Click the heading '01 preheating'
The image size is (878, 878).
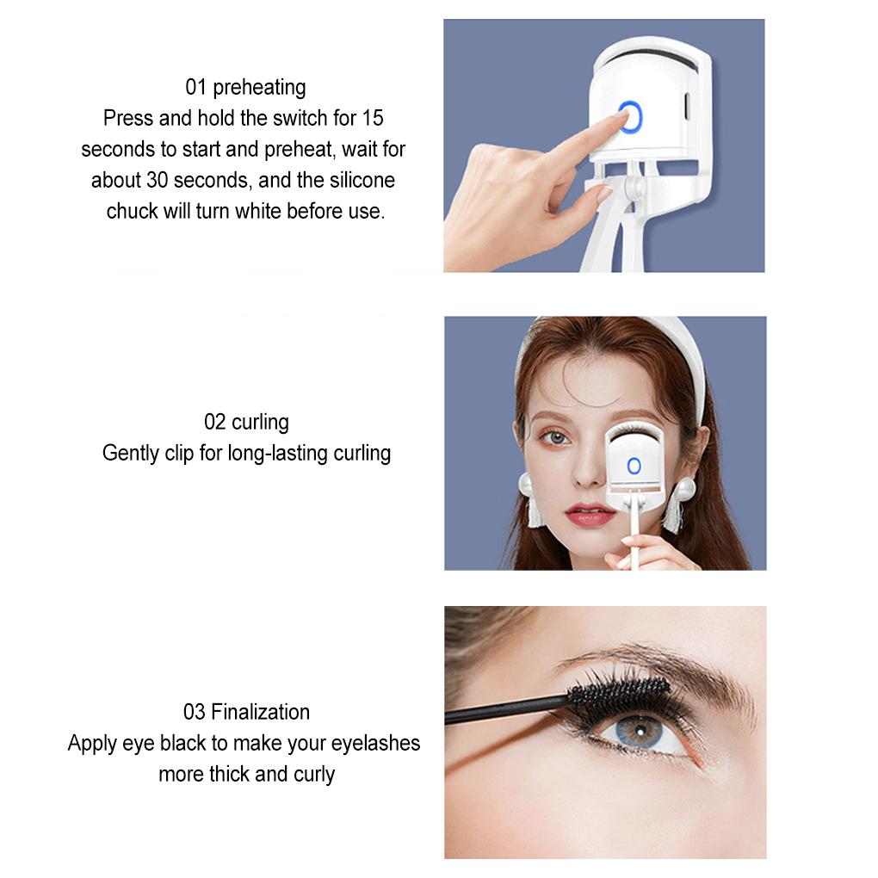245,87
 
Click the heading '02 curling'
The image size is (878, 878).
246,422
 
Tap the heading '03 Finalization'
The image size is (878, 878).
246,712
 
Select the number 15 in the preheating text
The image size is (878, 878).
373,117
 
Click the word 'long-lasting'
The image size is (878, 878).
281,453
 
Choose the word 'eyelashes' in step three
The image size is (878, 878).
376,743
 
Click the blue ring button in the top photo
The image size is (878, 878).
630,118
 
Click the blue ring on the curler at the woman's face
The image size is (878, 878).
634,466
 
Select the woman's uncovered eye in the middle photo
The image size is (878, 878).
555,437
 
